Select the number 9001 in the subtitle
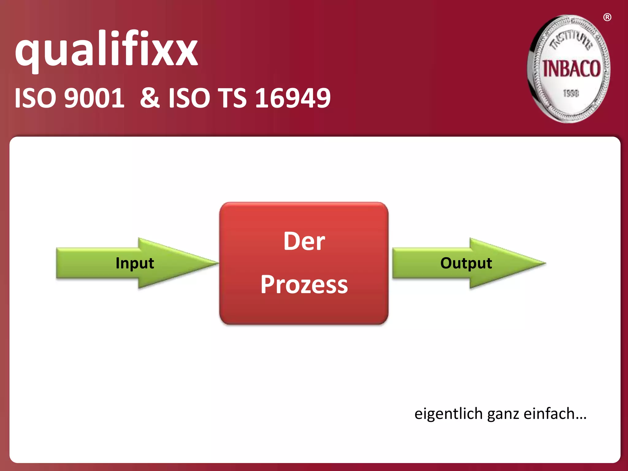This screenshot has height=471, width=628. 94,98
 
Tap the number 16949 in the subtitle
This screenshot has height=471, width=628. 293,98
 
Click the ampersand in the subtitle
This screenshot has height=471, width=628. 150,98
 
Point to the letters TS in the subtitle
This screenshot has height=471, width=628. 232,98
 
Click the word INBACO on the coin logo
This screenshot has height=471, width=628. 572,69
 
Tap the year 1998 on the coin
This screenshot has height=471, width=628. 571,93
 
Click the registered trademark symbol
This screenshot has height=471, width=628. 607,17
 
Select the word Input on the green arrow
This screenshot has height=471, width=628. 135,263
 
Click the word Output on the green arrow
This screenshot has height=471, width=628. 466,263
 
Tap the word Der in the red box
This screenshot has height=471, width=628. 304,241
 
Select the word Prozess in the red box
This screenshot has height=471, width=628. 304,285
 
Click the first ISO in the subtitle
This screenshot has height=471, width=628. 35,98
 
